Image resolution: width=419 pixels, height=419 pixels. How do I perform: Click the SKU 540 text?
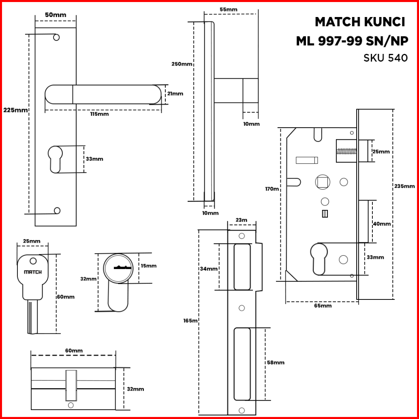coord(385,58)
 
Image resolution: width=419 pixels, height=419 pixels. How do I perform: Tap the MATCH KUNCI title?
coord(360,22)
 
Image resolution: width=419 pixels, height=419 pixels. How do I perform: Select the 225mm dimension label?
coord(15,110)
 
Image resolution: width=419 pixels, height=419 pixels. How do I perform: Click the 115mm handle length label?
coord(99,114)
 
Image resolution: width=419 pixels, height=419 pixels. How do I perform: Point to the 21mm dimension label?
coord(175,94)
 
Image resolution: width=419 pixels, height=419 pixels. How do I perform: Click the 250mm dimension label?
coord(182,64)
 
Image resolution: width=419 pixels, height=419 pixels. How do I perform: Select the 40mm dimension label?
coord(382,224)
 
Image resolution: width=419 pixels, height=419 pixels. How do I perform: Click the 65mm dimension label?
coord(323,306)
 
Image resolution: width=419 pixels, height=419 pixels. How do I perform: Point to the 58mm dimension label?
coord(276,362)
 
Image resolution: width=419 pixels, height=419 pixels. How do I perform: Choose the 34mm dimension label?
coord(209,269)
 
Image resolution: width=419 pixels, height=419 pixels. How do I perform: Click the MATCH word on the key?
coord(33,272)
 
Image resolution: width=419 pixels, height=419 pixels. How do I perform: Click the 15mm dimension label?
coord(148,266)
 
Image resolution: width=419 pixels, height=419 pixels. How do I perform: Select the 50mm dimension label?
coord(56,15)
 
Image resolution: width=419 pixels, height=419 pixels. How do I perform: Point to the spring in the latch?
coord(347,152)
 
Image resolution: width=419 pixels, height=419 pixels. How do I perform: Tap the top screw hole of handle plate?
coord(56,37)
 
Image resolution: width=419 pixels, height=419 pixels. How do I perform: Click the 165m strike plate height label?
coord(190,321)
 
